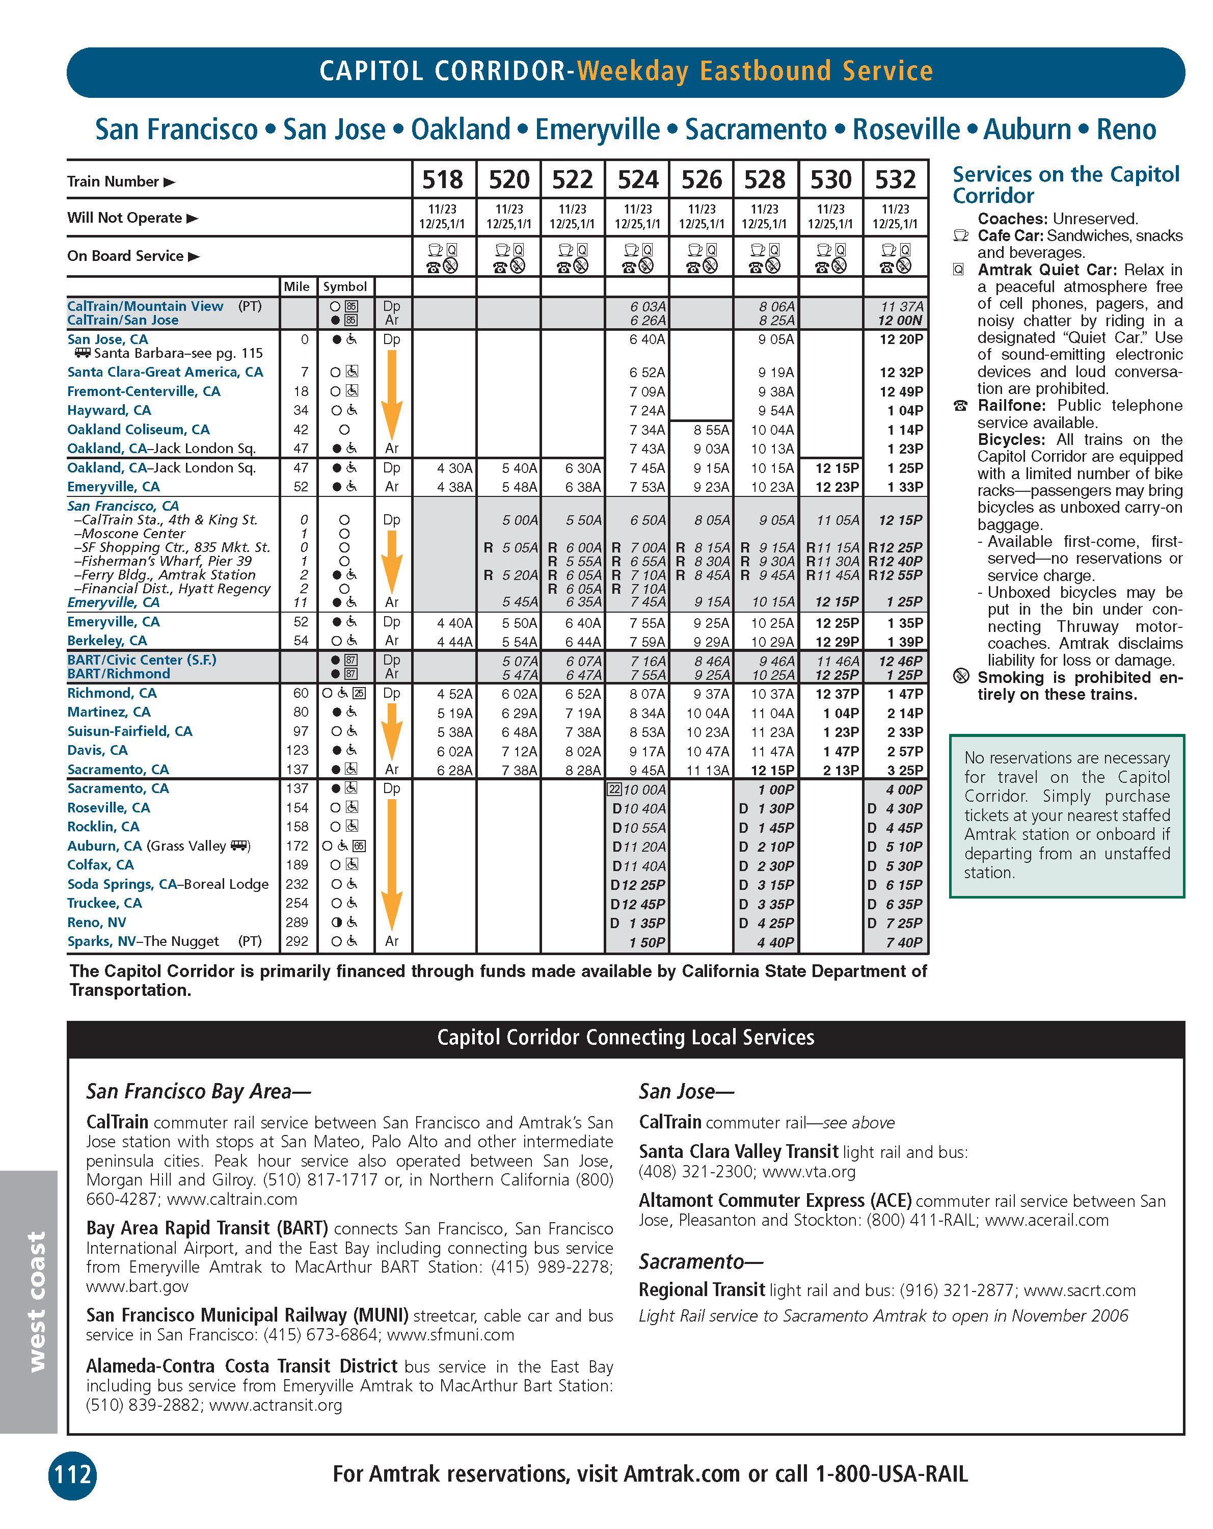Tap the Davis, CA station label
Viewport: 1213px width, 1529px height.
pos(97,750)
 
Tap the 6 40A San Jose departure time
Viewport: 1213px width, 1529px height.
pos(648,340)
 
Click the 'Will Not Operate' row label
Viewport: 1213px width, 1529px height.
pos(125,218)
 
